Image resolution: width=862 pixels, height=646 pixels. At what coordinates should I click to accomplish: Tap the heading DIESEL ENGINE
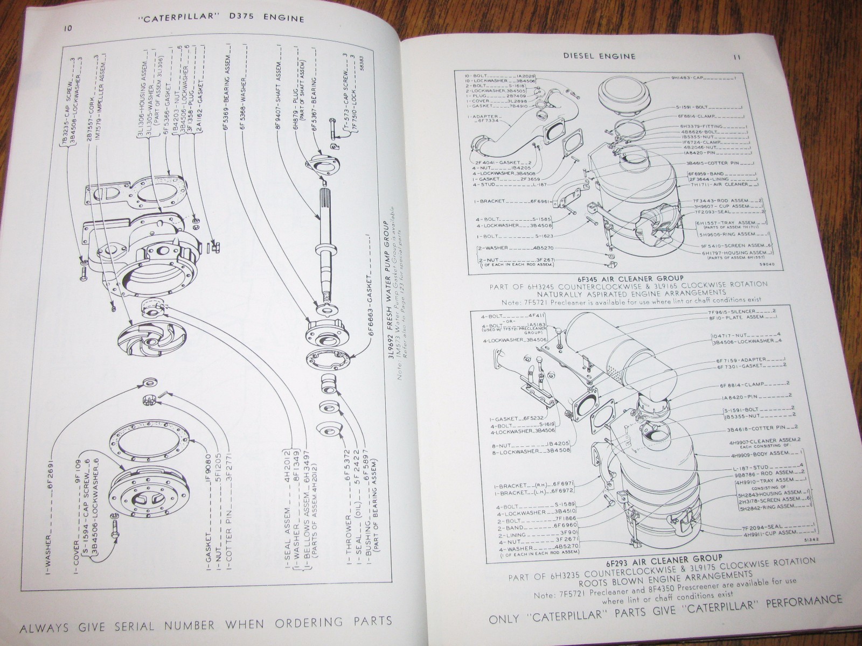pyautogui.click(x=599, y=55)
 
